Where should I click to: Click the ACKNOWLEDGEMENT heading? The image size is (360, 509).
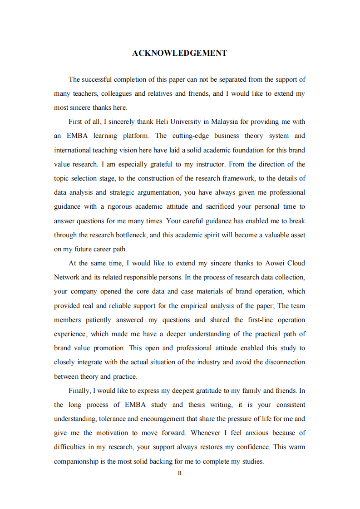179,53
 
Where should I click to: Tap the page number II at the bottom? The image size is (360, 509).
179,473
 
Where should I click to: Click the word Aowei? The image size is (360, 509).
271,263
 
